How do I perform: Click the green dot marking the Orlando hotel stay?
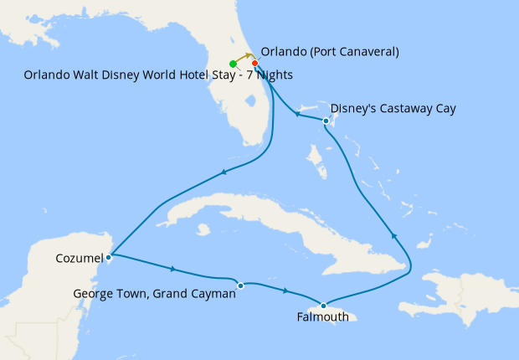coord(233,64)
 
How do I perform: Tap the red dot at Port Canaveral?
coord(254,64)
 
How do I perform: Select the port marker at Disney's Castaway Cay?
coord(325,122)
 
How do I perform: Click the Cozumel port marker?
coord(110,256)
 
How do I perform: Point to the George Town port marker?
coord(240,285)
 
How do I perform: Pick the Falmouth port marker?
coord(322,305)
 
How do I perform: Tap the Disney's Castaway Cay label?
coord(393,108)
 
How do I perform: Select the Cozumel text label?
coord(79,257)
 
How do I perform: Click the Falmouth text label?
coord(321,317)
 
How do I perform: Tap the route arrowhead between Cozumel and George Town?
coord(173,270)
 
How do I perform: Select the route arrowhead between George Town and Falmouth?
coord(286,291)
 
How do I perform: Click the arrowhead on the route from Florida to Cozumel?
coord(223,173)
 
